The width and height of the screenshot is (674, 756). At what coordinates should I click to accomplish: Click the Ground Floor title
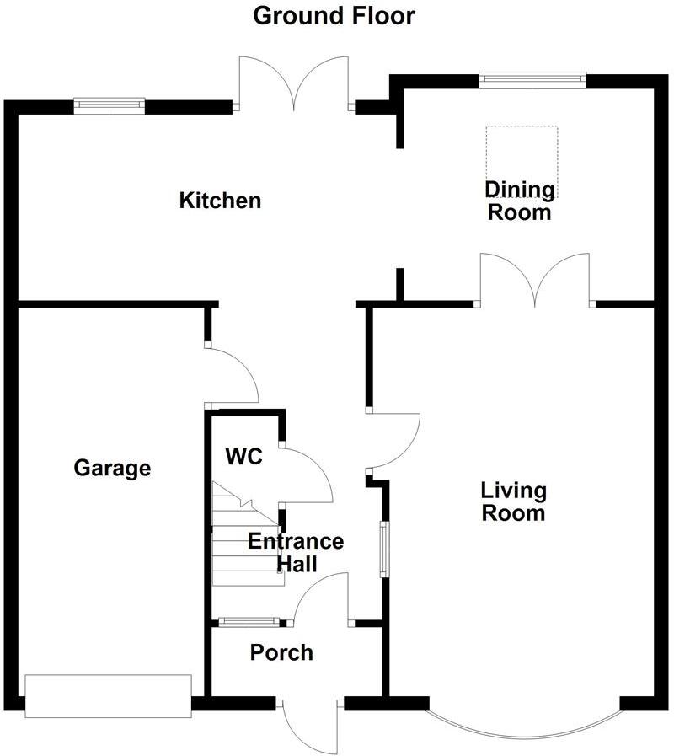pos(334,15)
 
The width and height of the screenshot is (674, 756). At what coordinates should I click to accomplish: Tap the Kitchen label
pos(220,201)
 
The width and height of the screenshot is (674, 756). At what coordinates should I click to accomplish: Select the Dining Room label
pos(521,201)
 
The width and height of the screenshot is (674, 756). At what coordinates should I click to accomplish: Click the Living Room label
pos(513,501)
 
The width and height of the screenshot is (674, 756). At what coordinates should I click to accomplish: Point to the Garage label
pos(112,468)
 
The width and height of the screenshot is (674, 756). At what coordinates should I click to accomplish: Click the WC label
pos(243,457)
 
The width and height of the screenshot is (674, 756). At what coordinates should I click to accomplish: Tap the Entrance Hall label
pos(295,553)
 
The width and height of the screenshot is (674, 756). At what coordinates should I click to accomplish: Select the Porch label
pos(281,652)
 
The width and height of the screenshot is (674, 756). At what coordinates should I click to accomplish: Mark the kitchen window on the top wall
pos(109,105)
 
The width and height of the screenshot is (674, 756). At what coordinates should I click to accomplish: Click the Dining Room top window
pos(532,79)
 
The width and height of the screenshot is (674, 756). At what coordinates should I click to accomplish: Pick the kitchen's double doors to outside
pos(293,84)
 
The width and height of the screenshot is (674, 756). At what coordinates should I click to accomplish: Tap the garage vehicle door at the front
pos(109,696)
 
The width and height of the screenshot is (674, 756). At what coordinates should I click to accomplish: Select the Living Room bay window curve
pos(524,725)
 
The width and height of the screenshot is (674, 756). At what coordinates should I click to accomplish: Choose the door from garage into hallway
pos(233,375)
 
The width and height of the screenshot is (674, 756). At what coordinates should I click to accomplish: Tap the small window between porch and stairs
pos(249,623)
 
